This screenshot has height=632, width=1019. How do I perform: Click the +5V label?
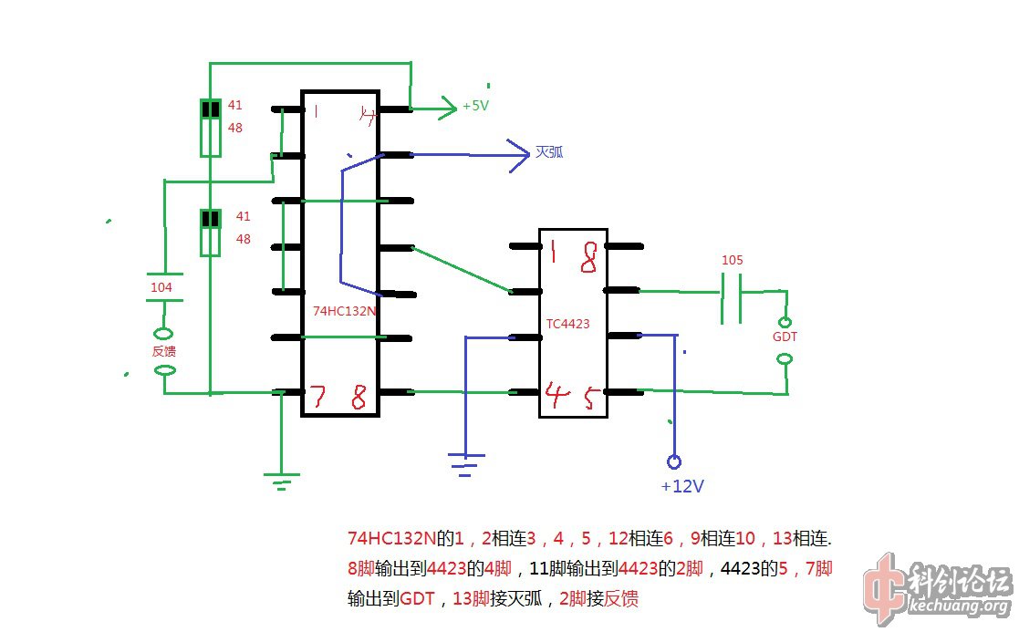coord(475,106)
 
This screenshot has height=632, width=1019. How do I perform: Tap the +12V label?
coord(681,486)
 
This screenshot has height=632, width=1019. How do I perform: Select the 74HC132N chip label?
coord(345,311)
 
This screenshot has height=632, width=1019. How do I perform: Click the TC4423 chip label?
coord(568,324)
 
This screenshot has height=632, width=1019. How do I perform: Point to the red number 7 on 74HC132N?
coord(317,397)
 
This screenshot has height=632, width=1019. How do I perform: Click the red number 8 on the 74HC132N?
coord(359,398)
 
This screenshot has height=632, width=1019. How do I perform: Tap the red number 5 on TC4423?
coord(590,398)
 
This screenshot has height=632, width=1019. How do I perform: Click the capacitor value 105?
coord(732,260)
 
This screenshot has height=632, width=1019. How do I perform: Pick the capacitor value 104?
coord(161,287)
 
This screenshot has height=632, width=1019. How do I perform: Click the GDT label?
coord(784,337)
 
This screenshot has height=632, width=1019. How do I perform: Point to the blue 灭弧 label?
coord(549,152)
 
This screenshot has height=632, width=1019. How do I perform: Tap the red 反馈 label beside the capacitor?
coord(163,352)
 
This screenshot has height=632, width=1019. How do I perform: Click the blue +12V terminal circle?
coord(674,461)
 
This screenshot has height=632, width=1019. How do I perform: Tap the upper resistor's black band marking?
coord(211,109)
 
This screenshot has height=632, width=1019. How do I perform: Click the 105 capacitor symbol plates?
coord(731,298)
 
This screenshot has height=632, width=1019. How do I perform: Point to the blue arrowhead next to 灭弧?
coord(520,156)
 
